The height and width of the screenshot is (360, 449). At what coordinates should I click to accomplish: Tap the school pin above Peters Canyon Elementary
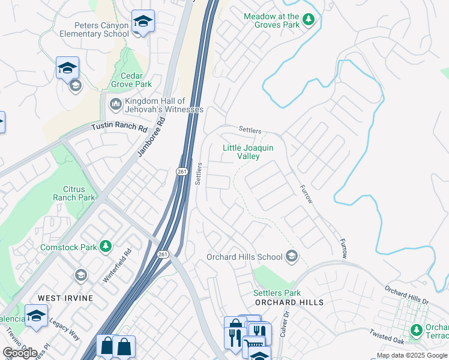tap(143, 22)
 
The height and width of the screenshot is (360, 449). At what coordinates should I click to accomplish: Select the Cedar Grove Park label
tap(131, 80)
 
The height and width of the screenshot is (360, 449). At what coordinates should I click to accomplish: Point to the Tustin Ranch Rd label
tap(119, 128)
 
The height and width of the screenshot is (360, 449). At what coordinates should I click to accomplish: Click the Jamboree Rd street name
tap(151, 137)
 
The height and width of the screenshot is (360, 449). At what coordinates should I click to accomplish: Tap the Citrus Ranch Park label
tap(74, 193)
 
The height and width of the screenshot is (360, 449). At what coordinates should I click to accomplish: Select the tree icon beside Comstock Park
tap(106, 247)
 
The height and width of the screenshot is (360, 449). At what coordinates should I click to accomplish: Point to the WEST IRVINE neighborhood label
tap(65, 298)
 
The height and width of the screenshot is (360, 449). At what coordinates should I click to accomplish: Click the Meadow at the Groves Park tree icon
tap(309, 20)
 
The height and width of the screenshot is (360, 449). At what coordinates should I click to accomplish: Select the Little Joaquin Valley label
tap(248, 152)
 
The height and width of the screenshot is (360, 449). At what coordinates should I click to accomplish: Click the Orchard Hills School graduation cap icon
tap(292, 257)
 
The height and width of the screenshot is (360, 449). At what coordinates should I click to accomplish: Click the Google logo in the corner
tap(20, 353)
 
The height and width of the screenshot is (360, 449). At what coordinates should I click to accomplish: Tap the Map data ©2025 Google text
tap(411, 355)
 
